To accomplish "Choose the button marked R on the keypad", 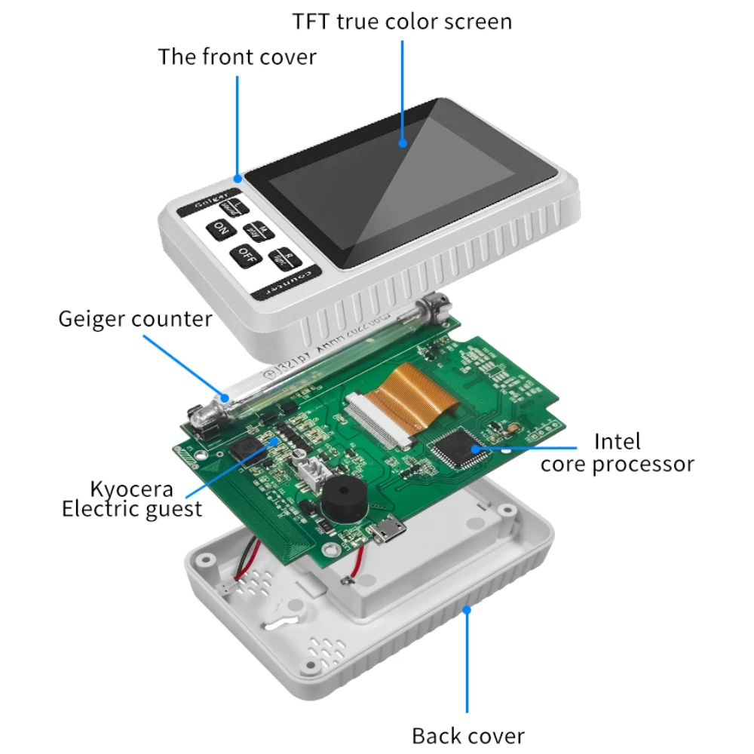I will pyautogui.click(x=286, y=256).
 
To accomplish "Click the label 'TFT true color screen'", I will pyautogui.click(x=402, y=21).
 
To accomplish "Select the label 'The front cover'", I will pyautogui.click(x=237, y=57).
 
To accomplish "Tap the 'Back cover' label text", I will pyautogui.click(x=467, y=735).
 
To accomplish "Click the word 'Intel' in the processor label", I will pyautogui.click(x=618, y=440).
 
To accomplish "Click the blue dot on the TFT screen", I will pyautogui.click(x=403, y=141).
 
